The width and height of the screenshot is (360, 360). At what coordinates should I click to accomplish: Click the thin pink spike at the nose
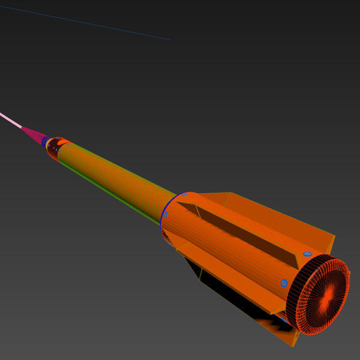coord(11,120)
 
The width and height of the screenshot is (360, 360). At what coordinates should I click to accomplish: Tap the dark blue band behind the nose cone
coord(46,141)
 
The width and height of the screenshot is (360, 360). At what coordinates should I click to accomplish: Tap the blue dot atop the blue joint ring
coord(184,194)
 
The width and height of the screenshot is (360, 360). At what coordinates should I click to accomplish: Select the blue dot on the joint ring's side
coord(166,214)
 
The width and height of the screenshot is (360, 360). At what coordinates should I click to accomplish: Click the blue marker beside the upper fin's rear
coord(307,254)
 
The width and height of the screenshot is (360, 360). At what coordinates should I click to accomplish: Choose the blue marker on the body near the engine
coord(284,283)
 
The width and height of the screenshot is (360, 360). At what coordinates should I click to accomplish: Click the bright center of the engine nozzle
coord(329,294)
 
